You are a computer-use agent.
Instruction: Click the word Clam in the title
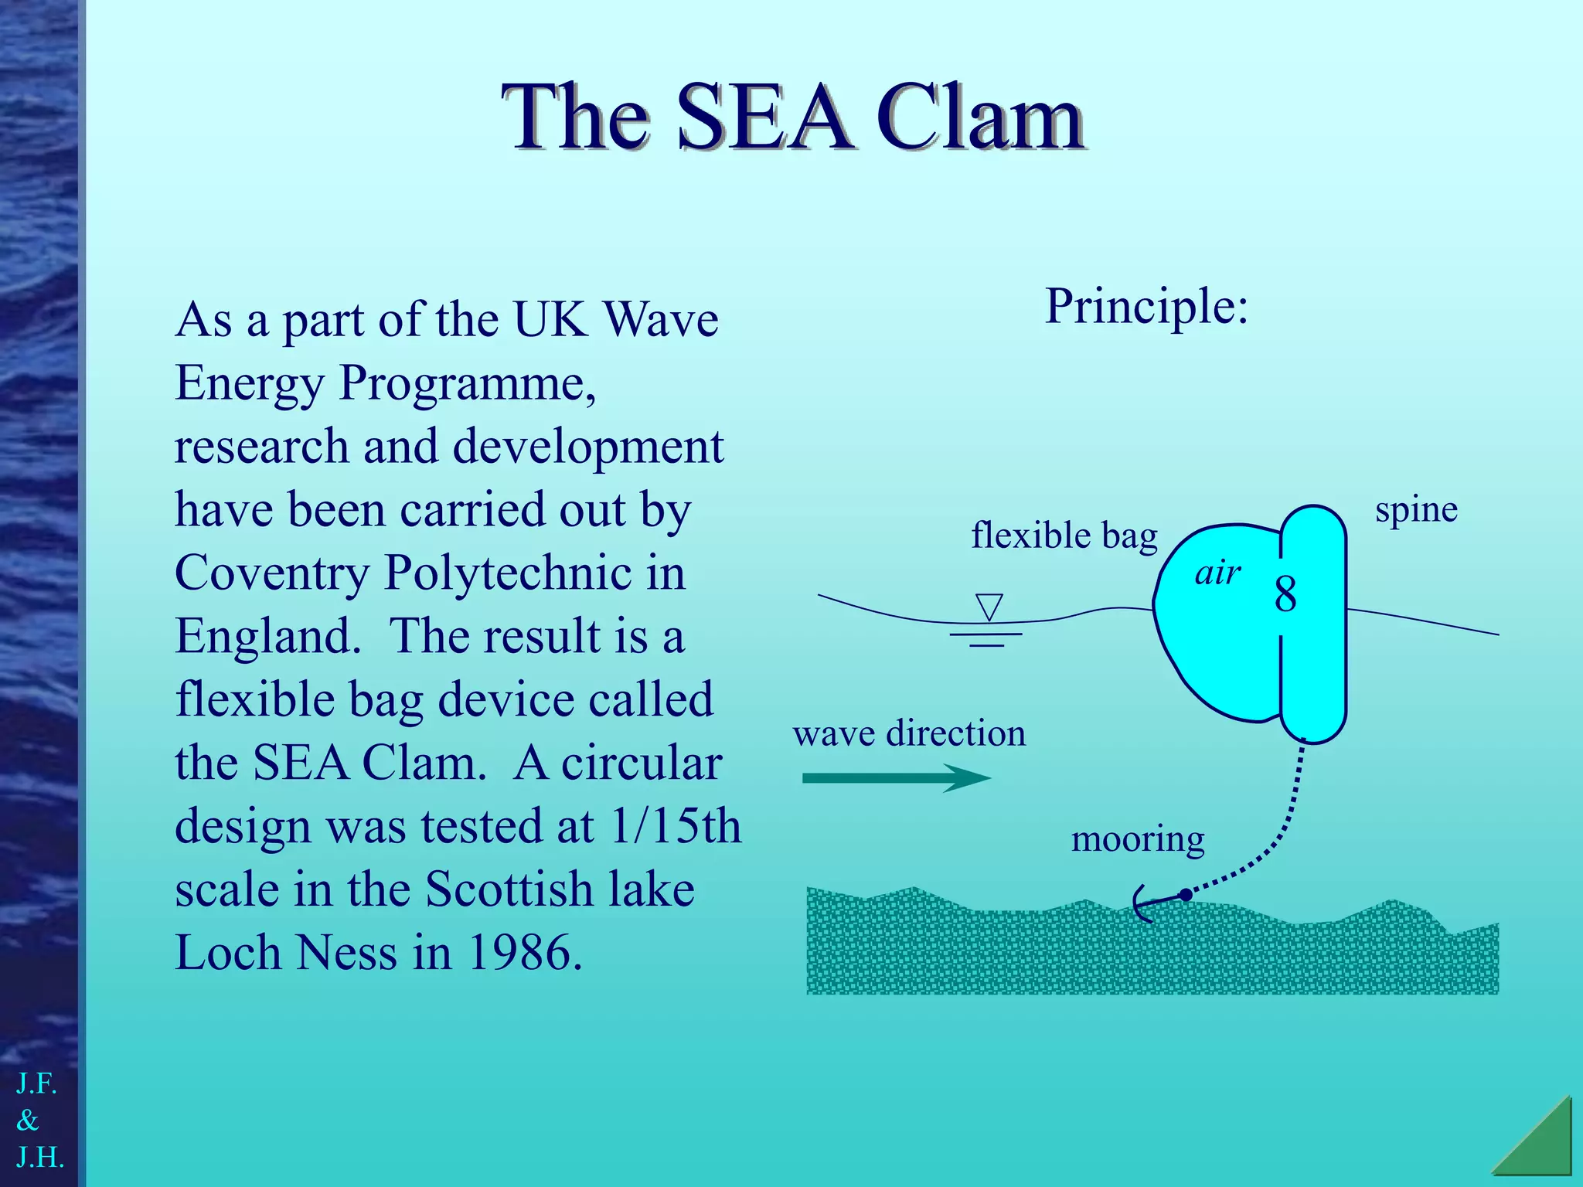point(980,118)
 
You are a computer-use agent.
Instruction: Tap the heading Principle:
point(1146,307)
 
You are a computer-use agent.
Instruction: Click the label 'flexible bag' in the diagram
point(1064,536)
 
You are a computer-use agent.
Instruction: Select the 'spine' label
point(1416,510)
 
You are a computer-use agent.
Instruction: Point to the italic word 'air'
point(1217,573)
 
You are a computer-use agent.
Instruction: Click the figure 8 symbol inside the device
point(1285,595)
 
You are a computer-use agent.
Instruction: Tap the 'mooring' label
point(1138,839)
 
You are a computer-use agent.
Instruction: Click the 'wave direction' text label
point(909,733)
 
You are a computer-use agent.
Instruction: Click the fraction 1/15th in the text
point(675,826)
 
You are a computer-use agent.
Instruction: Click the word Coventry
point(272,573)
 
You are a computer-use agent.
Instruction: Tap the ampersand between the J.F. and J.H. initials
point(28,1120)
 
